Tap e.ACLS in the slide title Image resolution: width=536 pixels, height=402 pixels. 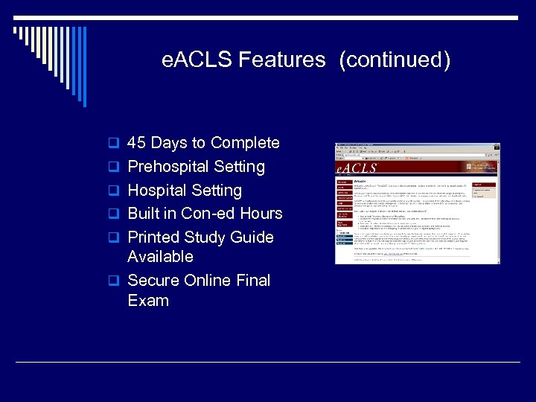coord(197,60)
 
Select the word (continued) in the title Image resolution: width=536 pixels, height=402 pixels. coord(395,60)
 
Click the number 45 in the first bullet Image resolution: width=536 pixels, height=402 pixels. coord(137,143)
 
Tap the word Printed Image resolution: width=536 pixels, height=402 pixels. coord(156,237)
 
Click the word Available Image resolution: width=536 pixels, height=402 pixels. coord(160,257)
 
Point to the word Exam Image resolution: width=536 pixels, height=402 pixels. coord(148,301)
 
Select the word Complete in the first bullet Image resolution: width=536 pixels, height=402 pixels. coord(246,143)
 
